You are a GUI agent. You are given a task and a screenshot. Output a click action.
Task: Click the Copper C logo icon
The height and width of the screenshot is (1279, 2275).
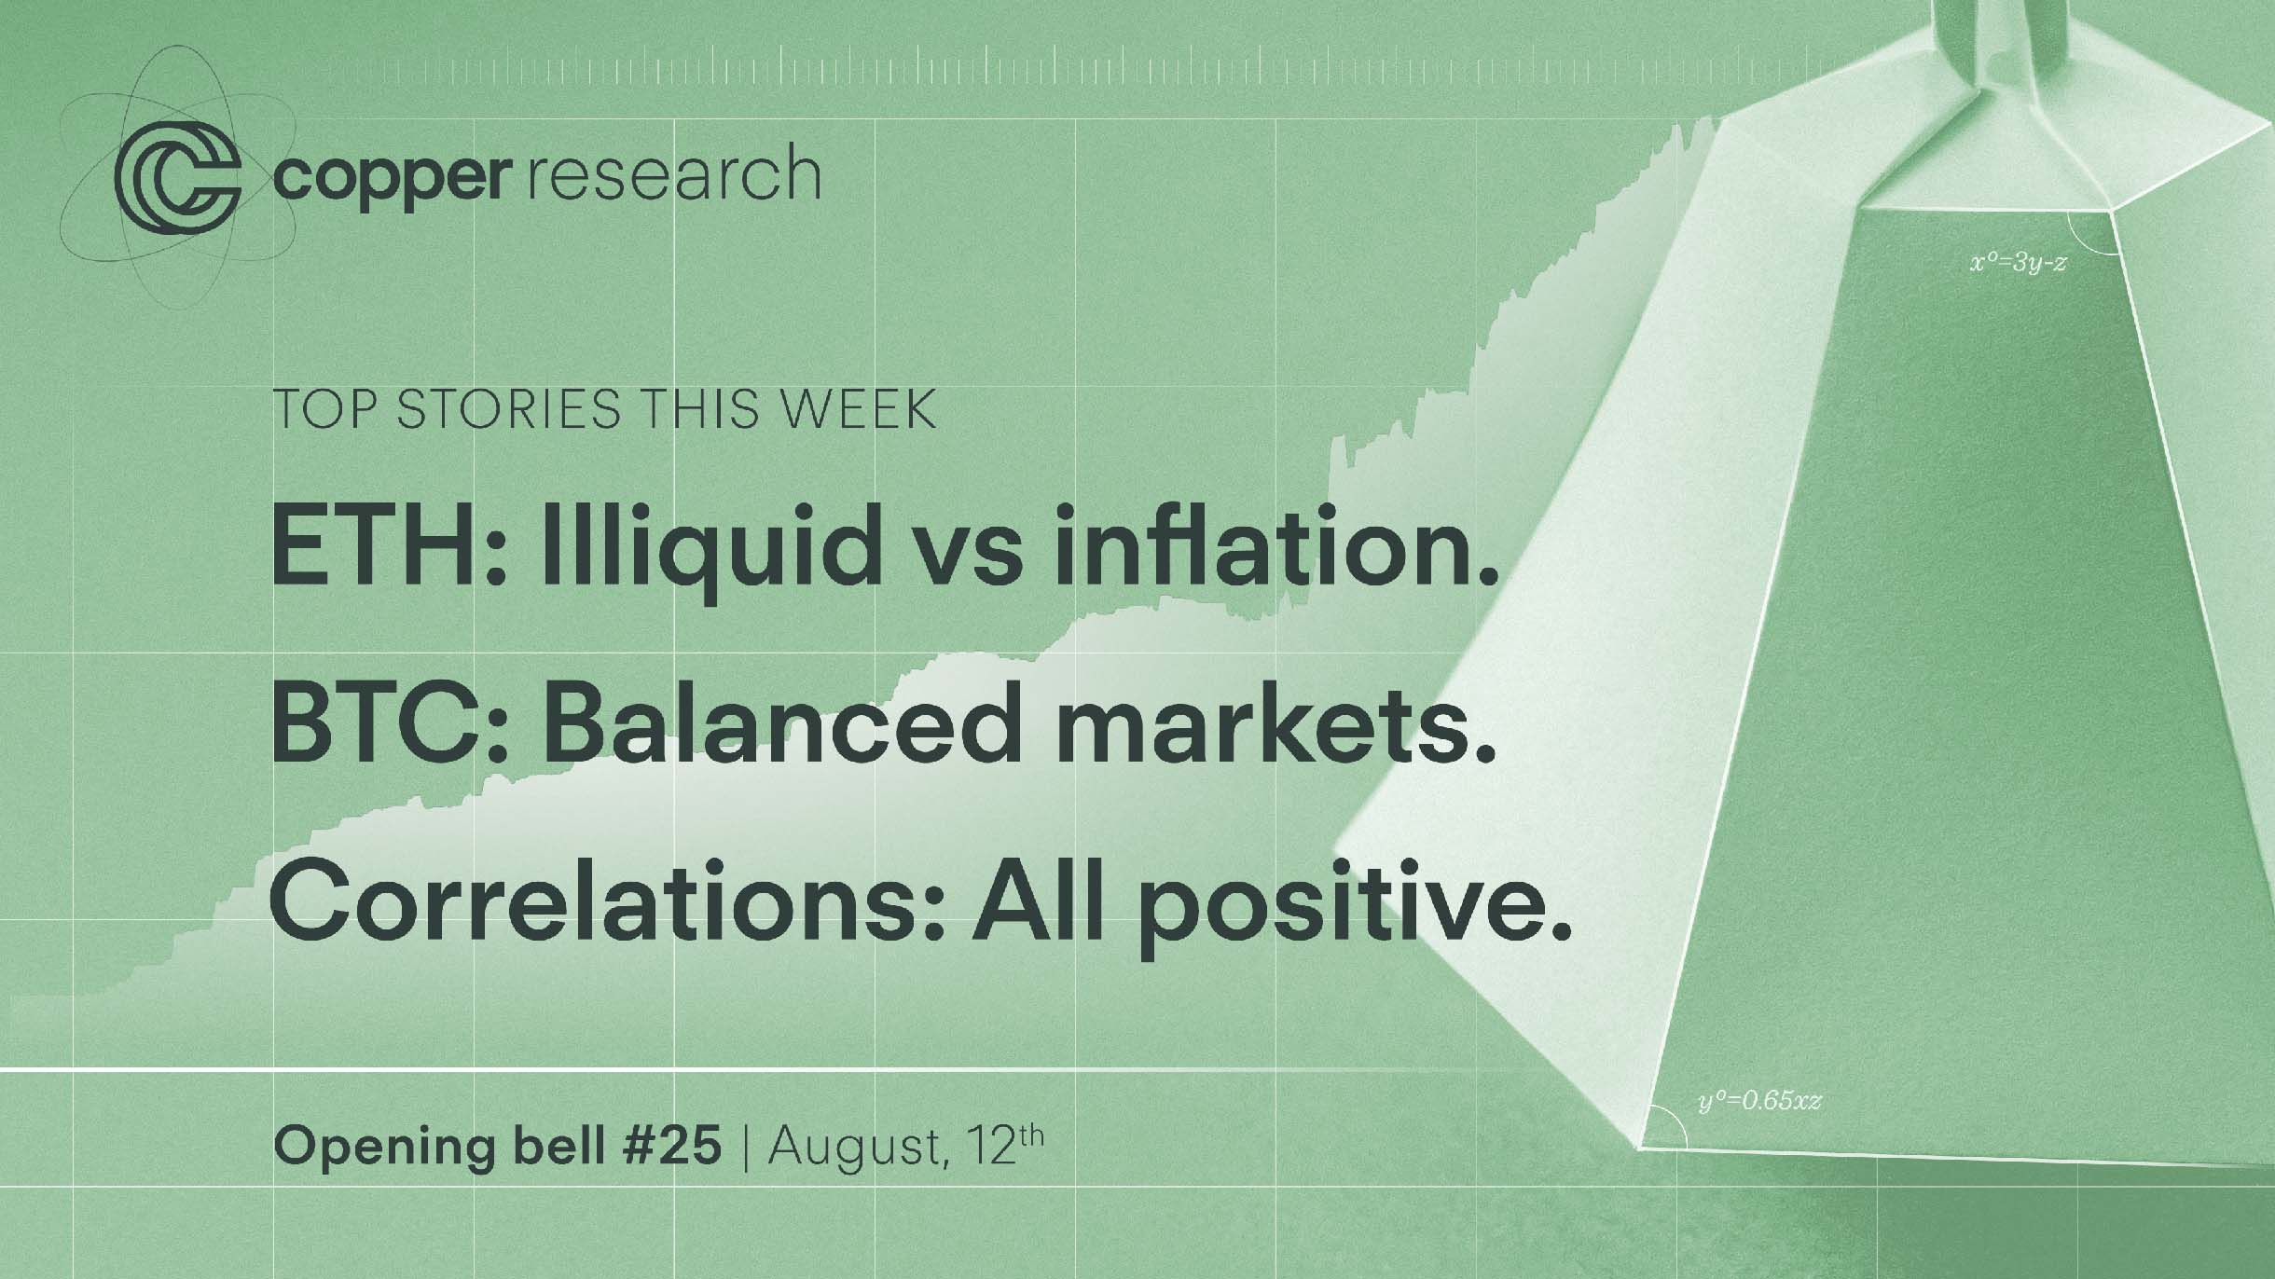(x=177, y=174)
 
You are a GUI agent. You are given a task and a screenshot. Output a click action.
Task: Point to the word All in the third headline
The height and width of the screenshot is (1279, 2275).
(x=1040, y=901)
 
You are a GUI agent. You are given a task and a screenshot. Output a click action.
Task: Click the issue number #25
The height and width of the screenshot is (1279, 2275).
(x=672, y=1146)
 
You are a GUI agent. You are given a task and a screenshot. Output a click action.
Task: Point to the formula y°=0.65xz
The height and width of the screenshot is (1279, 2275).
(x=1760, y=1101)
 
